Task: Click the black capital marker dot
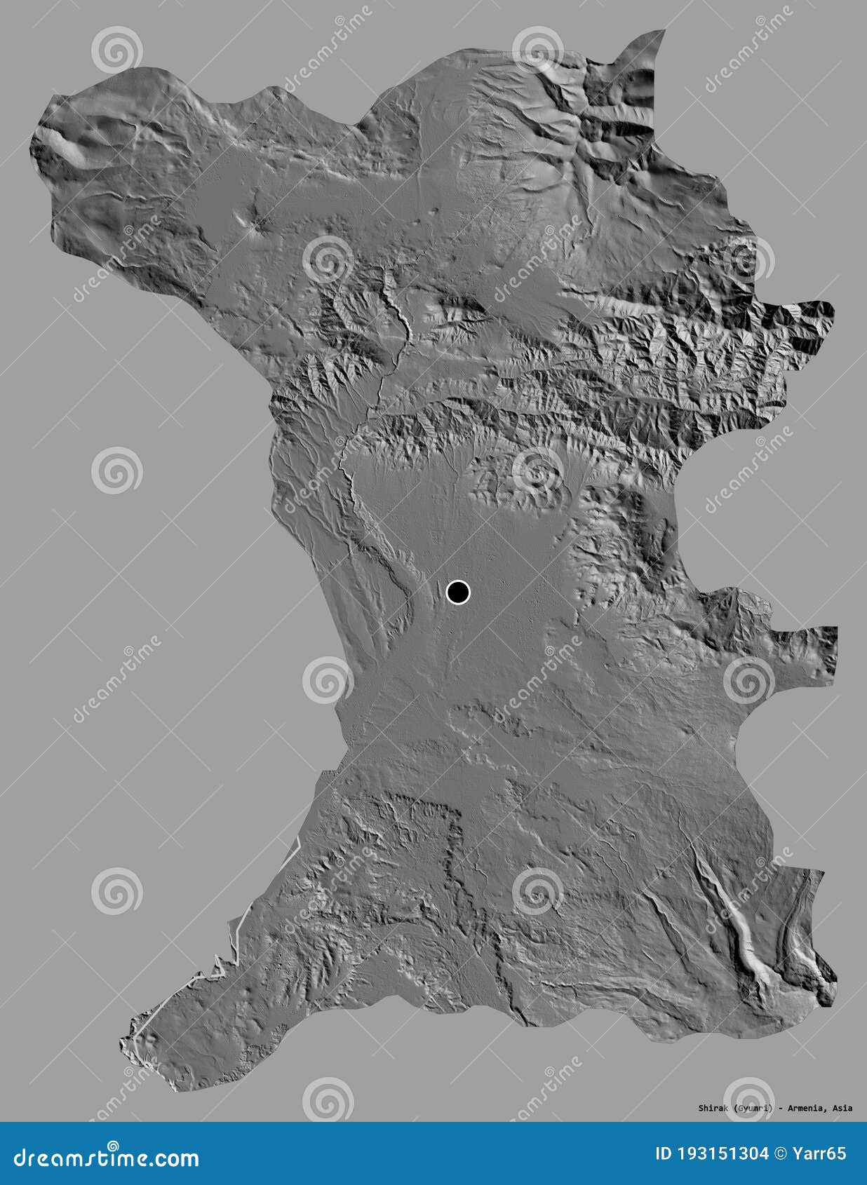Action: (458, 592)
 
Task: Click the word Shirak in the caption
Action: (714, 1108)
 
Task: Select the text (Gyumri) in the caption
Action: (754, 1108)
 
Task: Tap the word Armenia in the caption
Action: (807, 1108)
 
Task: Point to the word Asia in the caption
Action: (842, 1108)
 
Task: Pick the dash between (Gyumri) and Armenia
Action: (780, 1108)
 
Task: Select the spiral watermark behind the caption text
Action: (748, 1099)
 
